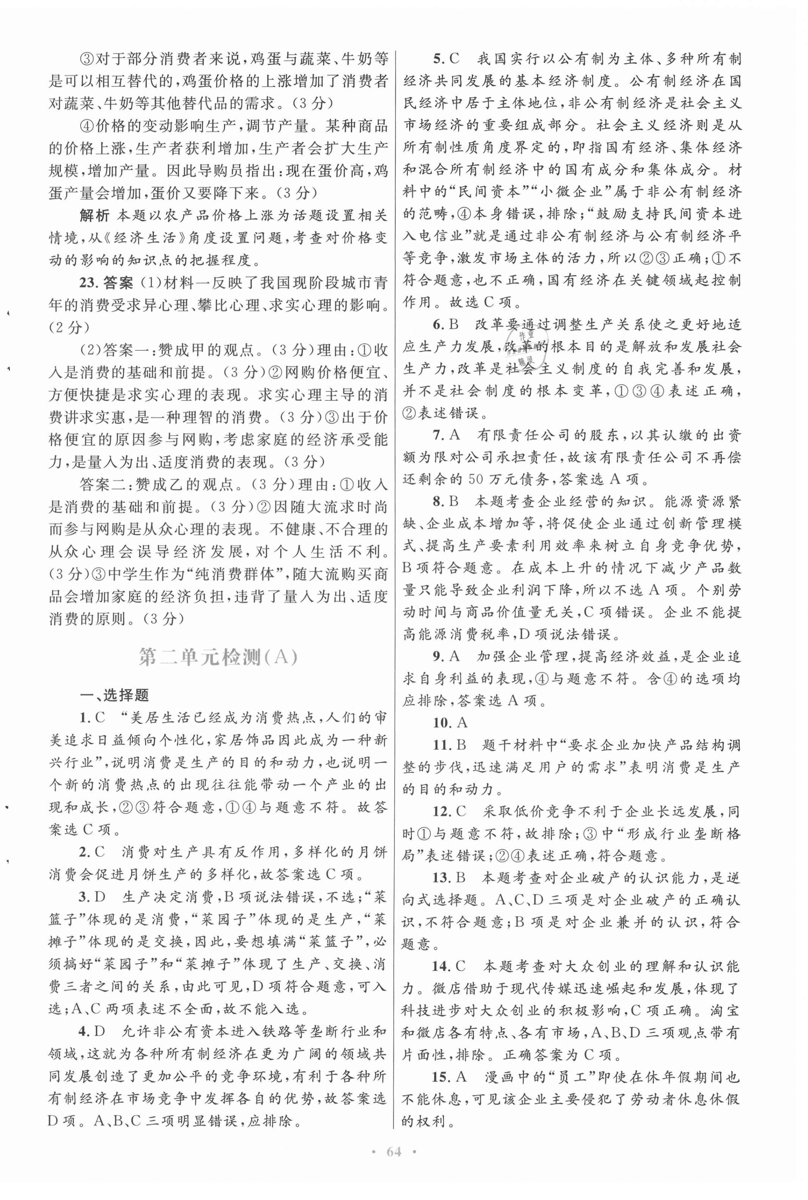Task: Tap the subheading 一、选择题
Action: coord(115,695)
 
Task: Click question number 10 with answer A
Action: coord(442,723)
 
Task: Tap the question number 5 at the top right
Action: coord(438,59)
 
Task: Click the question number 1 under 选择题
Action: coord(84,718)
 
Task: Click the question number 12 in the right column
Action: coord(442,811)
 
